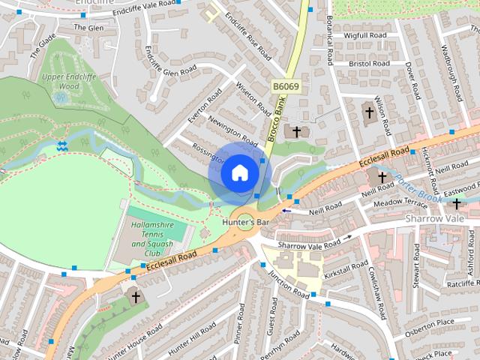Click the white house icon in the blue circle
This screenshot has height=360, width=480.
[239, 172]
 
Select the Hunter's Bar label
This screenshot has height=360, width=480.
[245, 223]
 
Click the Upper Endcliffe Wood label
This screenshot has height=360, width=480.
[61, 80]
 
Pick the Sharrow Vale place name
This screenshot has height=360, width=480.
[435, 217]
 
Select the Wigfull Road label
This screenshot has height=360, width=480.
[365, 35]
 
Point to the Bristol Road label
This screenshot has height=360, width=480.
[368, 64]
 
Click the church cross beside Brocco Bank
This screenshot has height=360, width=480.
[296, 132]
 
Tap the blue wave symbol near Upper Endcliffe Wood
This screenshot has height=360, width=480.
[62, 145]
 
